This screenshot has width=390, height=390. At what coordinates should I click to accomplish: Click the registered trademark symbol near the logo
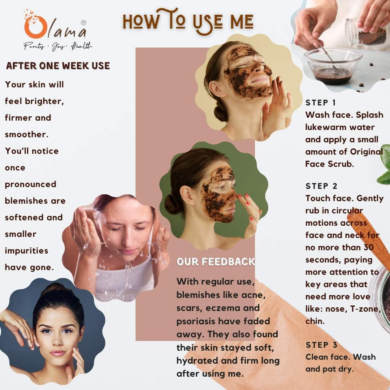[83, 22]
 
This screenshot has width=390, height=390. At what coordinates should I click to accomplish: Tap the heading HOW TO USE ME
[188, 21]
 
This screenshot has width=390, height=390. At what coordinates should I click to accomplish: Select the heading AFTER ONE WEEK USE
[58, 66]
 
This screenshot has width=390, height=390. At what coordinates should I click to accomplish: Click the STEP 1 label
[320, 103]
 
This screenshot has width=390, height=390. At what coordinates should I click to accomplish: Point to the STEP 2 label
[321, 186]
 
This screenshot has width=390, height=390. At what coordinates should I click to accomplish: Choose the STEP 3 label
[321, 345]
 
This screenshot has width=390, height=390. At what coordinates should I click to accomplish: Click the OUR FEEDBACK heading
[216, 261]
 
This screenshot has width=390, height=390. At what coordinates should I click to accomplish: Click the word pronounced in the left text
[31, 184]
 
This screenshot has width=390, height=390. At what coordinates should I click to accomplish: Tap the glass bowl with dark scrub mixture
[332, 66]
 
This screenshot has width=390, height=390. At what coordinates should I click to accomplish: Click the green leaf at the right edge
[384, 166]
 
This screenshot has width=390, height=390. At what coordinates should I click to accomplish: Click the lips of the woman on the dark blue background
[58, 353]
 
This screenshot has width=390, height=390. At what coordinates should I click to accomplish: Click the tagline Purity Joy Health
[58, 46]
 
